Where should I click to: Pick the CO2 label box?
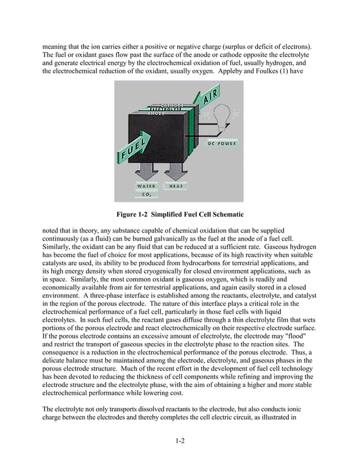[146, 194]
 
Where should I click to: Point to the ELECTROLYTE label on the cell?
[160, 109]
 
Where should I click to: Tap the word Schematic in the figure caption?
[225, 214]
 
